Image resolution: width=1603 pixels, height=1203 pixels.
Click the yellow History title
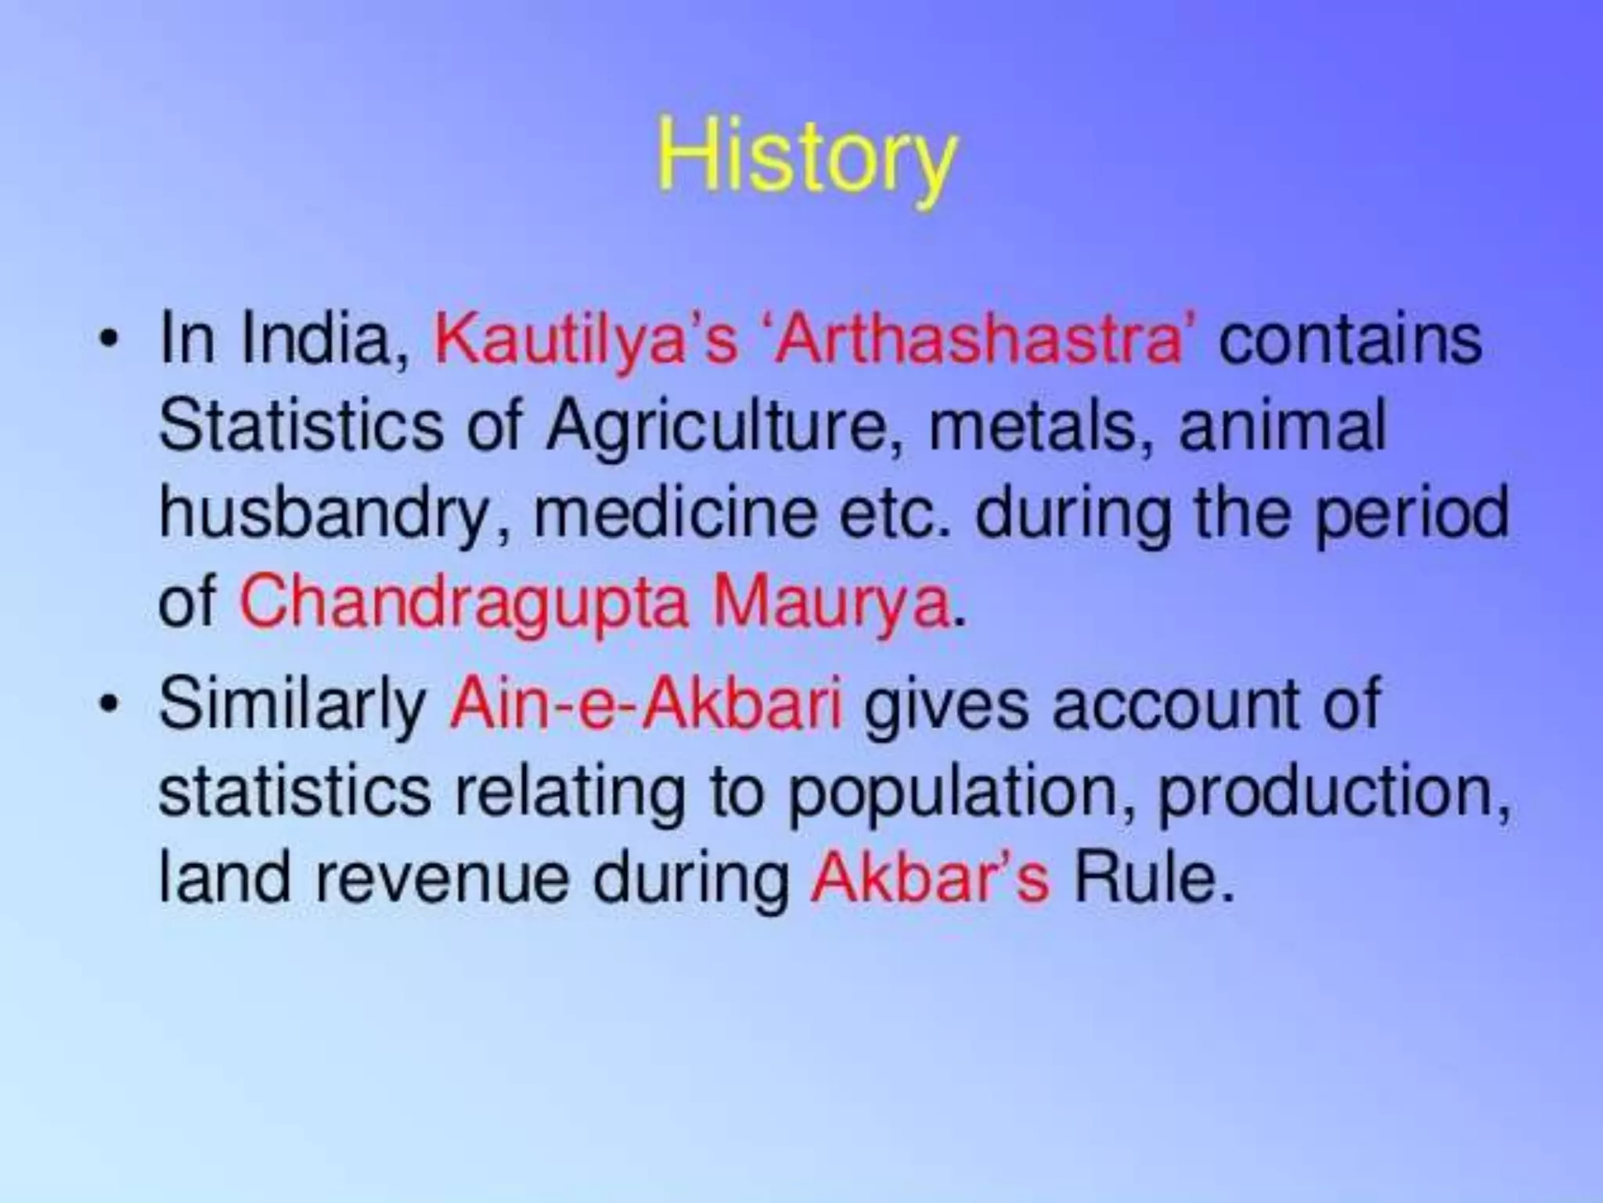[806, 161]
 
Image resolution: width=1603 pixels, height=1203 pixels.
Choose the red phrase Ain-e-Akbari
[646, 701]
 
